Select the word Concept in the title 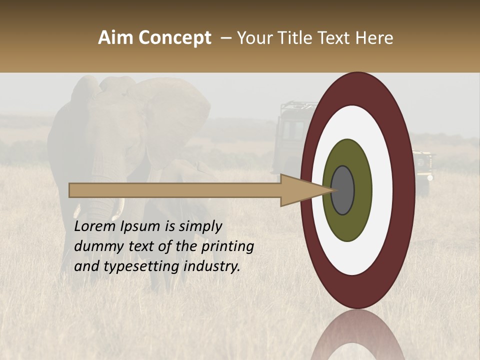(174, 38)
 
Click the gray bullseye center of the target (343, 190)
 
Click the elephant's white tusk (121, 205)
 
